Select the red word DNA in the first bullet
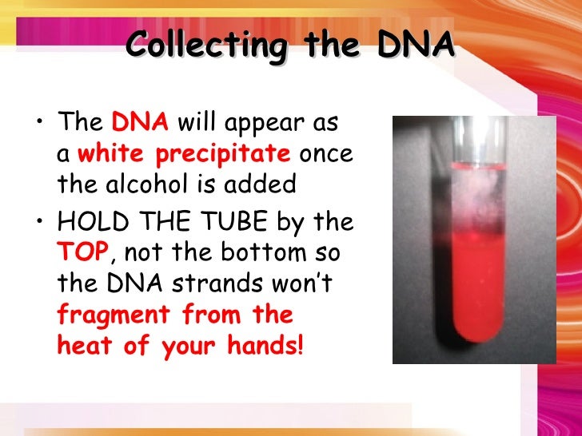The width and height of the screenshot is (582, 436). tap(140, 124)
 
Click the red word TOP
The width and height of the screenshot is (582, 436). tap(82, 253)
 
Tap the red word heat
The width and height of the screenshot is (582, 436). tap(82, 347)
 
